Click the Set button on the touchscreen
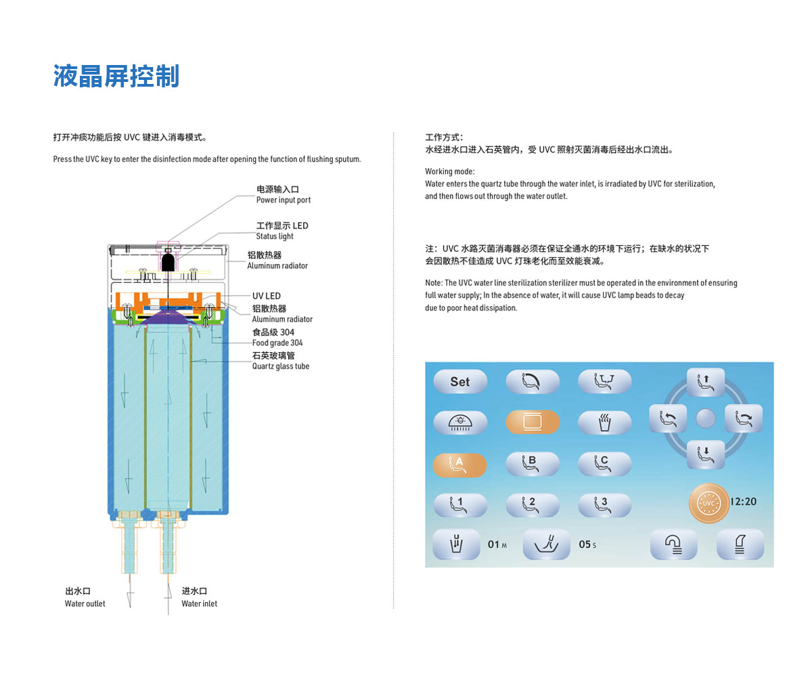point(460,381)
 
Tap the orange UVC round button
point(708,503)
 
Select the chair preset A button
point(459,465)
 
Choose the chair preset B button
point(533,464)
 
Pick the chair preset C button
point(605,464)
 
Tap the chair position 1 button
point(460,505)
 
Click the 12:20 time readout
point(743,501)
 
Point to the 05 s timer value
point(587,544)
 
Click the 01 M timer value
point(497,544)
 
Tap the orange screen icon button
point(533,422)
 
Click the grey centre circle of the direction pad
point(706,419)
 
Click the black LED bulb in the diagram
point(168,262)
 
